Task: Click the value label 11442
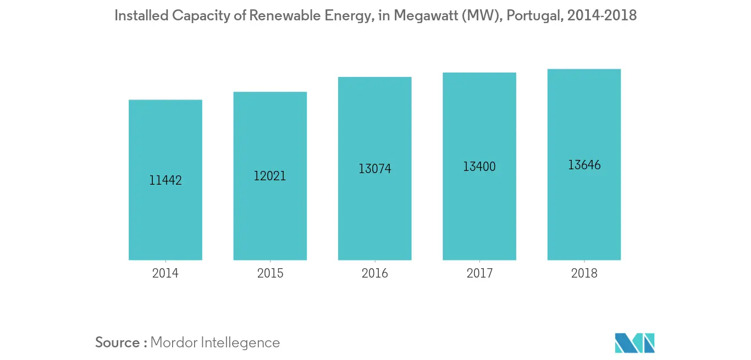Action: [x=165, y=180]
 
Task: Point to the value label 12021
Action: [x=270, y=176]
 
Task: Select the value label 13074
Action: [x=375, y=169]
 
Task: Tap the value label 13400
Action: [x=479, y=167]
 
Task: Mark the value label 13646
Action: [x=584, y=165]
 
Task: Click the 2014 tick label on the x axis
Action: [x=165, y=273]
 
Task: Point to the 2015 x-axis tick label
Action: [x=270, y=273]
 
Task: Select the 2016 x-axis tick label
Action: [x=374, y=273]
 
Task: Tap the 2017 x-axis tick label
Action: [x=479, y=273]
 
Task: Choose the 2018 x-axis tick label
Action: [x=584, y=273]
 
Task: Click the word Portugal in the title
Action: [x=532, y=15]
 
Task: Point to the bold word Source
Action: [x=118, y=342]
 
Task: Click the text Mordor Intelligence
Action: [x=215, y=342]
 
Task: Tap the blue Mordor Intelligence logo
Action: [x=635, y=342]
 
